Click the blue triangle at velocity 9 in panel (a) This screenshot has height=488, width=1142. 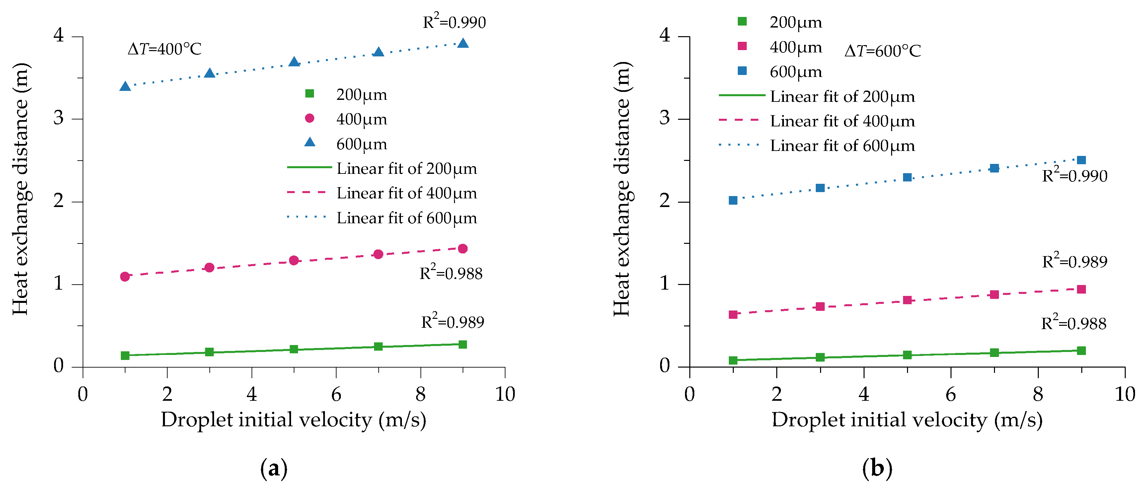(462, 43)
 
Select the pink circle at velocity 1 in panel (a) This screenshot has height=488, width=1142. (125, 277)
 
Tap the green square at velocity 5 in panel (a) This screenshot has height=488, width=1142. (293, 349)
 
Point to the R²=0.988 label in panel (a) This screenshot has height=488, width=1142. (451, 273)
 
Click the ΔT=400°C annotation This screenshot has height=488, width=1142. (165, 49)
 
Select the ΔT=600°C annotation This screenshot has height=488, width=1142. (882, 51)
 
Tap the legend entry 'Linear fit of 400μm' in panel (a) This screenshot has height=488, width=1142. (407, 193)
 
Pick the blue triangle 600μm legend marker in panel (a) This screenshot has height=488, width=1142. (309, 142)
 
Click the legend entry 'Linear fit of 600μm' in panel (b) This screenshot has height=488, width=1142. (842, 146)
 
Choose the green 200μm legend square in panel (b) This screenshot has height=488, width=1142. (742, 21)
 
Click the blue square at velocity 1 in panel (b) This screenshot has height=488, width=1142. (733, 200)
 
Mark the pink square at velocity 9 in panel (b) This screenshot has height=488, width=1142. (1081, 289)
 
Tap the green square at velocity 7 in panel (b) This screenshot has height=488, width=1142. (994, 353)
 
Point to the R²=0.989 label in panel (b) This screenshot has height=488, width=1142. (1074, 261)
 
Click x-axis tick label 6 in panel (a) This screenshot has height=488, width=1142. (336, 394)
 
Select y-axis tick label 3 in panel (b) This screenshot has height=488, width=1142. (664, 118)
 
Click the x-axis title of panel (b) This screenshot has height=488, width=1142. (907, 420)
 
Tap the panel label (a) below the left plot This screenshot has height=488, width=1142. (273, 468)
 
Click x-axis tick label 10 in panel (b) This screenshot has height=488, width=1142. (1124, 394)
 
